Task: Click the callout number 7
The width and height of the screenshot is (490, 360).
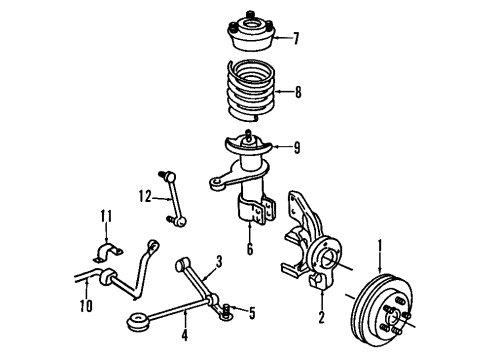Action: [x=296, y=40]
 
